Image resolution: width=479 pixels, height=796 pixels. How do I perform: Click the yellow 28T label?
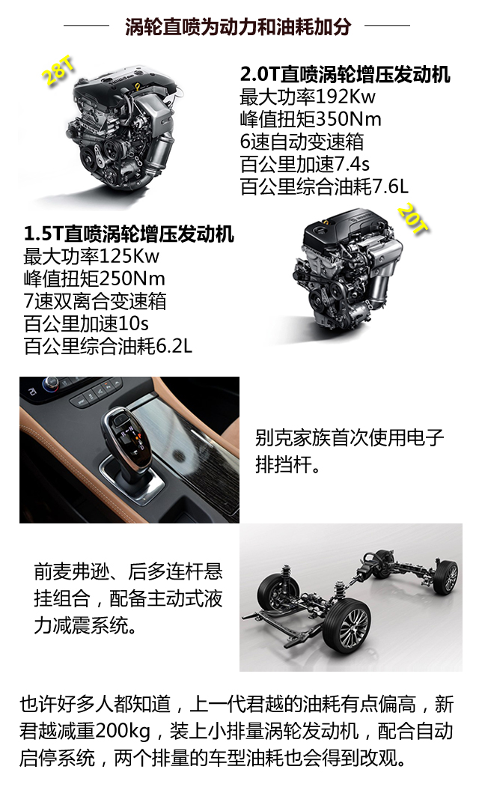(x=58, y=70)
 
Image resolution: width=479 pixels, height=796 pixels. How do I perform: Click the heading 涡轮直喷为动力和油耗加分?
(x=238, y=26)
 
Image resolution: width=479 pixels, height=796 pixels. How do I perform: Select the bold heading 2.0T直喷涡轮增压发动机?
(x=345, y=74)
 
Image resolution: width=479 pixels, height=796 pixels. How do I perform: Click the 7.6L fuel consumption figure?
(x=391, y=186)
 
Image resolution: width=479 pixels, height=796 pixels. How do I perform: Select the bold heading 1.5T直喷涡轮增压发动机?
(x=129, y=234)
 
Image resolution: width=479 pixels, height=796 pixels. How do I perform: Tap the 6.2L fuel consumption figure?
(x=174, y=346)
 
